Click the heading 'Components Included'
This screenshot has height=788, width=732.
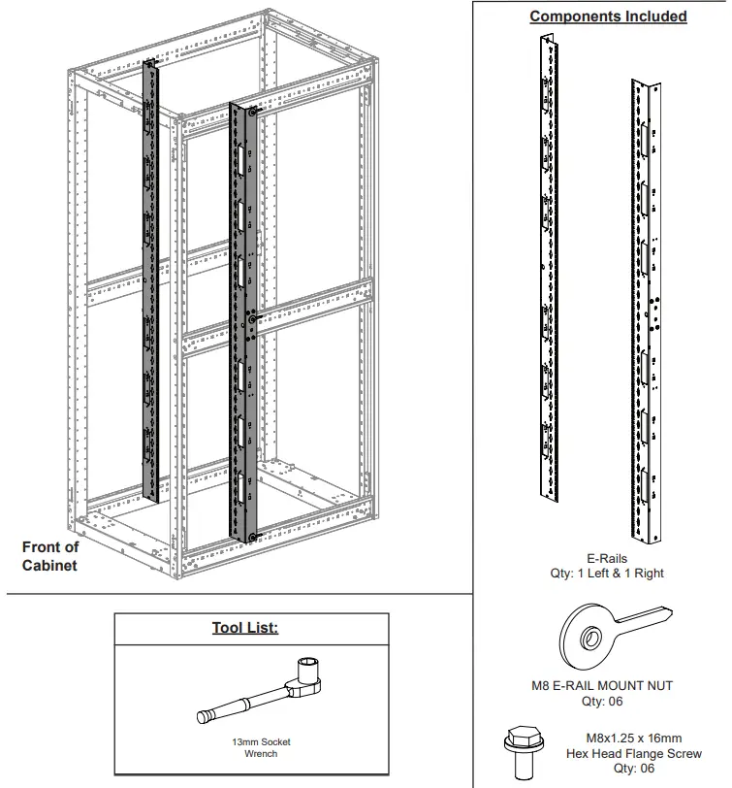[x=608, y=16]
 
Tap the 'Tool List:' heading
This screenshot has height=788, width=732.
[x=245, y=628]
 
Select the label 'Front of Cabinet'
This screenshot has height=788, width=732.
[x=50, y=556]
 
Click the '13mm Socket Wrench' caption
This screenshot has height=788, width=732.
[x=261, y=747]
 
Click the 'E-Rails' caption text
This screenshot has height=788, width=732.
[x=607, y=559]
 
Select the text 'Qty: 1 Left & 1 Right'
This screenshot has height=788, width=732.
[x=607, y=574]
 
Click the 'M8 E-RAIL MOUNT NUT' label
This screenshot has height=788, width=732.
[x=602, y=685]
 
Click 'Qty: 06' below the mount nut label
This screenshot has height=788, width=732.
[x=602, y=700]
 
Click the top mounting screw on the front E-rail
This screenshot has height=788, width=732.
[x=252, y=113]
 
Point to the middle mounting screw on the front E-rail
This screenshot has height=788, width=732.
[x=252, y=318]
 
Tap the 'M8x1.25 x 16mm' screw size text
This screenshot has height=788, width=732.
[x=634, y=739]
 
